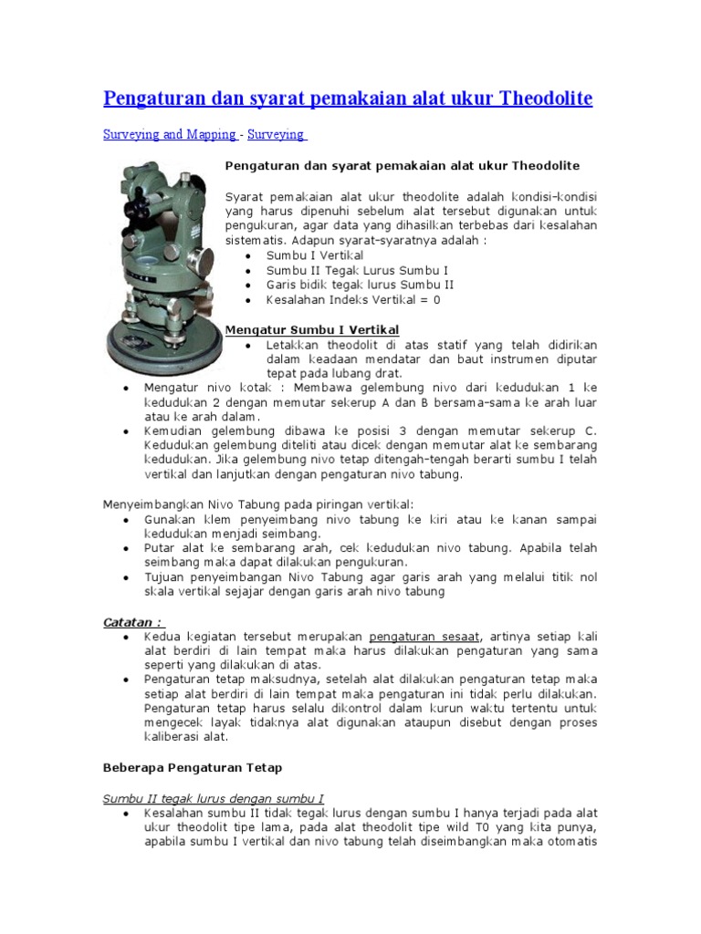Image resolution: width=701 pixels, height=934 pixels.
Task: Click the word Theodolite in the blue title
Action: click(x=545, y=98)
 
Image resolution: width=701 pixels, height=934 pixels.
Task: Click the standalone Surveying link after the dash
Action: click(x=277, y=134)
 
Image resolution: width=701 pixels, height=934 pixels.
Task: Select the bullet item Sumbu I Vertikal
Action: click(x=314, y=255)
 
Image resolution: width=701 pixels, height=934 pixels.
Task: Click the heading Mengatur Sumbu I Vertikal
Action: click(x=311, y=329)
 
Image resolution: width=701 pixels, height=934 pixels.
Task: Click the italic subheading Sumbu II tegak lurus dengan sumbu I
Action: click(x=213, y=797)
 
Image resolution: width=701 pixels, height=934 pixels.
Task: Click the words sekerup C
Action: click(x=567, y=431)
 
